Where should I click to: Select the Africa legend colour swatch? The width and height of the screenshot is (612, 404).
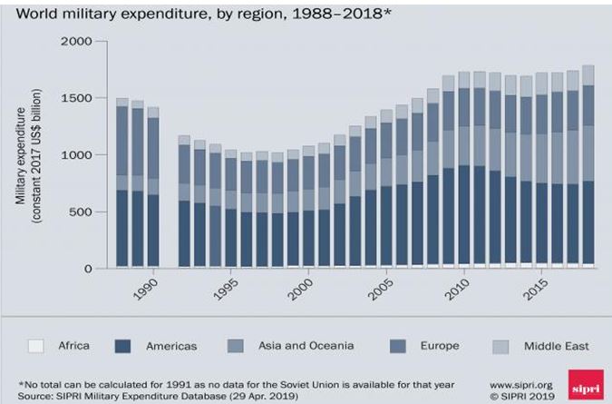(36, 345)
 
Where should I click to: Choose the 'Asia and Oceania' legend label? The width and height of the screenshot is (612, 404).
(299, 345)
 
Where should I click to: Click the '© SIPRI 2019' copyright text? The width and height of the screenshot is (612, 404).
(523, 396)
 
